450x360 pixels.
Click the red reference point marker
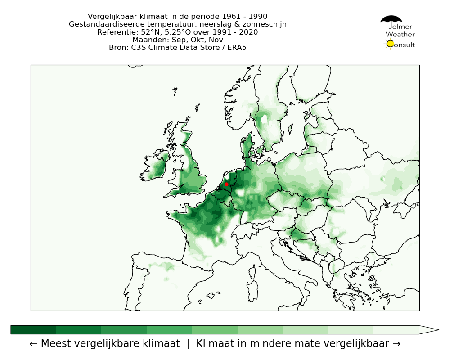[226, 184]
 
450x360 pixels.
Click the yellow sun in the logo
[390, 44]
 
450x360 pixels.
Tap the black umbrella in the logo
[391, 19]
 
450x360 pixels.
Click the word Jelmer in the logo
[400, 27]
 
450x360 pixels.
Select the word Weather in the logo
[400, 35]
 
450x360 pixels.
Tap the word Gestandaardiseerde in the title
[104, 24]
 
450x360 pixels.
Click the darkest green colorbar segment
[33, 330]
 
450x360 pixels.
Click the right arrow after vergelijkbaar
[396, 344]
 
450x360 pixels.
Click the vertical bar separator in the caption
[188, 344]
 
